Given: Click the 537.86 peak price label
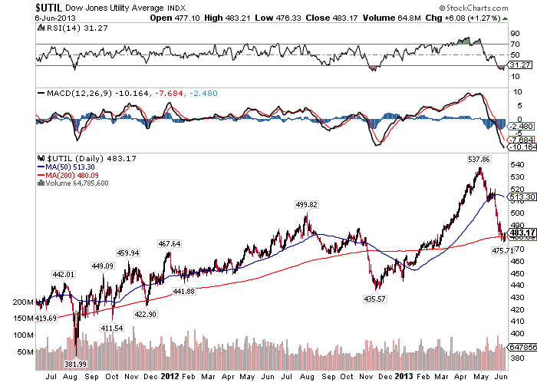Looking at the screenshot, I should pos(480,160).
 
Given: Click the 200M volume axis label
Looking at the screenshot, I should pos(25,302).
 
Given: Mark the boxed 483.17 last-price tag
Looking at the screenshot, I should pos(518,233).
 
